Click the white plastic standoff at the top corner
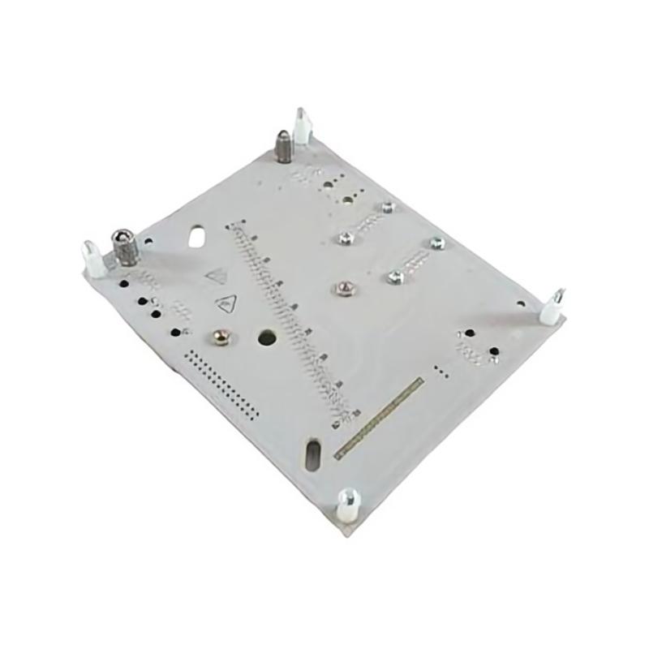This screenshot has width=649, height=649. [x=302, y=126]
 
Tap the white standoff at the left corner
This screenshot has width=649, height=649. [x=93, y=257]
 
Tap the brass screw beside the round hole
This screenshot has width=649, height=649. [x=219, y=334]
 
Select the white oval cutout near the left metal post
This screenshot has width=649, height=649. [x=196, y=238]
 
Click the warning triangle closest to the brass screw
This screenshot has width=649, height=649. [x=225, y=304]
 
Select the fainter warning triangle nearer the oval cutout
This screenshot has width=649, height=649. [x=215, y=276]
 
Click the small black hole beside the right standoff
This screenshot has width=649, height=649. [x=493, y=350]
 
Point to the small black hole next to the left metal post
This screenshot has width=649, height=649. [x=147, y=241]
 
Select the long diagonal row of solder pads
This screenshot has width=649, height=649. [x=292, y=316]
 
